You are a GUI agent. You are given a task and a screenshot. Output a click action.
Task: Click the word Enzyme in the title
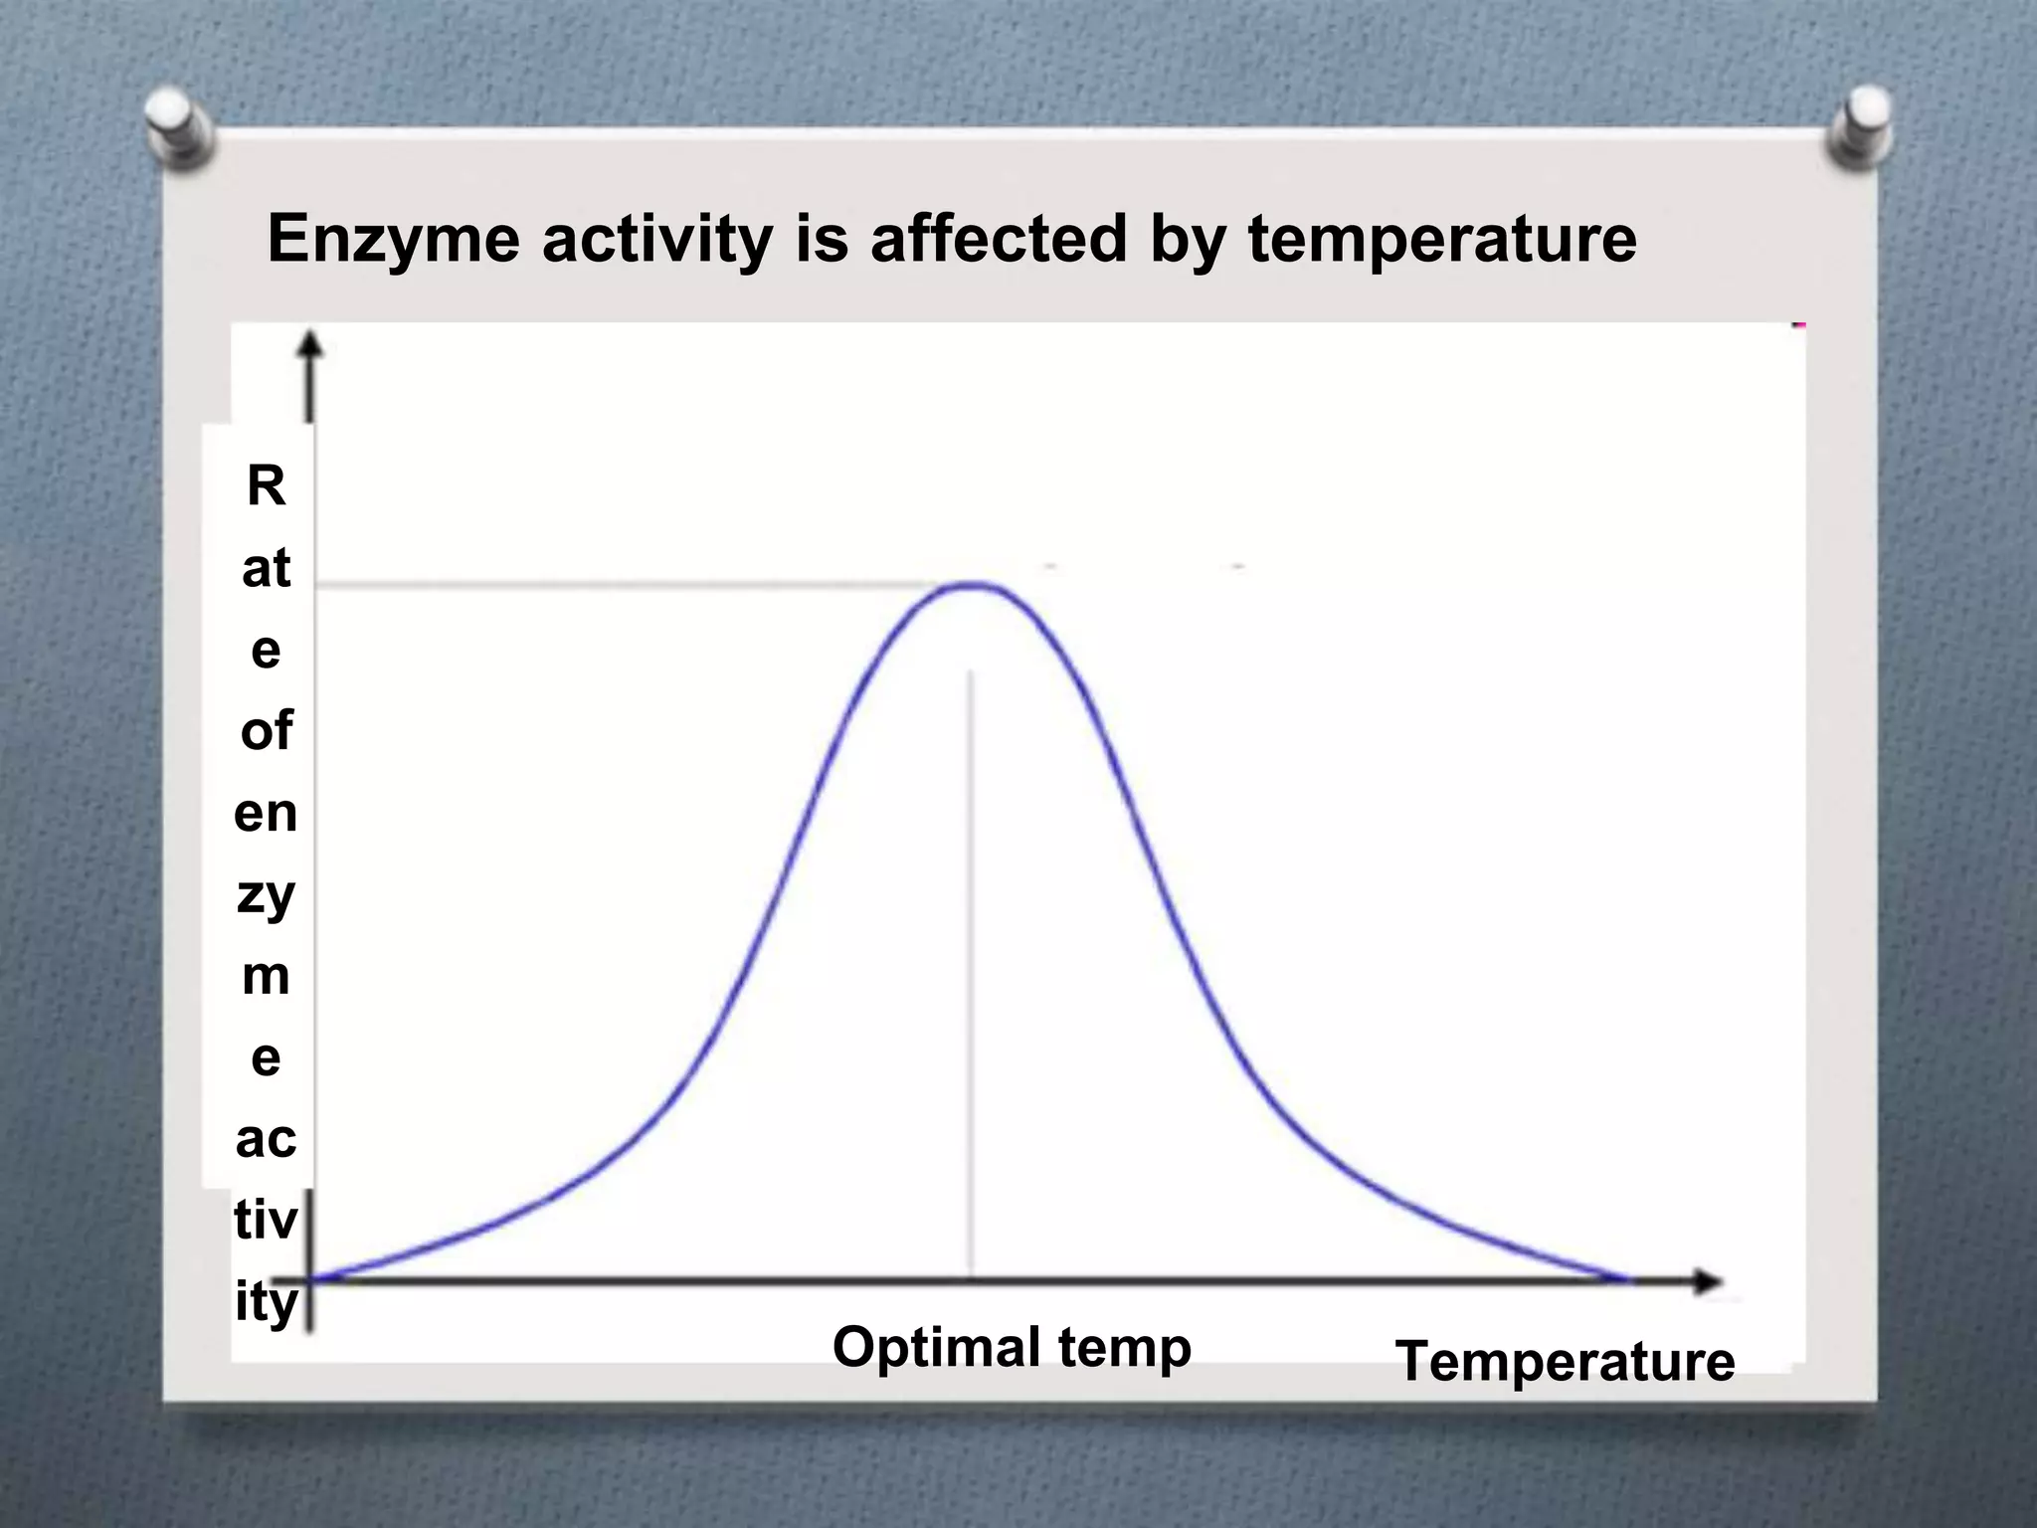click(x=393, y=241)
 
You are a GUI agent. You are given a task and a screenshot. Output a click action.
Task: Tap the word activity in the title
click(x=656, y=241)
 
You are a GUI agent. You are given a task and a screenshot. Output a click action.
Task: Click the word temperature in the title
click(x=1441, y=241)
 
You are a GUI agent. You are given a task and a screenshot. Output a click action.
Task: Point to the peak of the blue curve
click(x=972, y=585)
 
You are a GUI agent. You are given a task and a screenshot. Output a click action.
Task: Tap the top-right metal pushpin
click(x=1859, y=125)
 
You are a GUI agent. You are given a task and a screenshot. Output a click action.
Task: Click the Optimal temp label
click(x=1012, y=1349)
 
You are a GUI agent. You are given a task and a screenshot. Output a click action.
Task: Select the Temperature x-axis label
click(x=1565, y=1361)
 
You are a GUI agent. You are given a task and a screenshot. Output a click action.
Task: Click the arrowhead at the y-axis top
click(x=311, y=344)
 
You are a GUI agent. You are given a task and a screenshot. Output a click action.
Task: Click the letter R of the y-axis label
click(x=266, y=486)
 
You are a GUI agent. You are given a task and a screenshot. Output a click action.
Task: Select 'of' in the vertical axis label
click(x=266, y=731)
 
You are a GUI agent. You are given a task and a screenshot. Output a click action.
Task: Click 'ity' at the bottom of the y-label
click(x=266, y=1303)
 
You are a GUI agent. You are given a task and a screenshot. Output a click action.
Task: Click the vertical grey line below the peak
click(x=971, y=975)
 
